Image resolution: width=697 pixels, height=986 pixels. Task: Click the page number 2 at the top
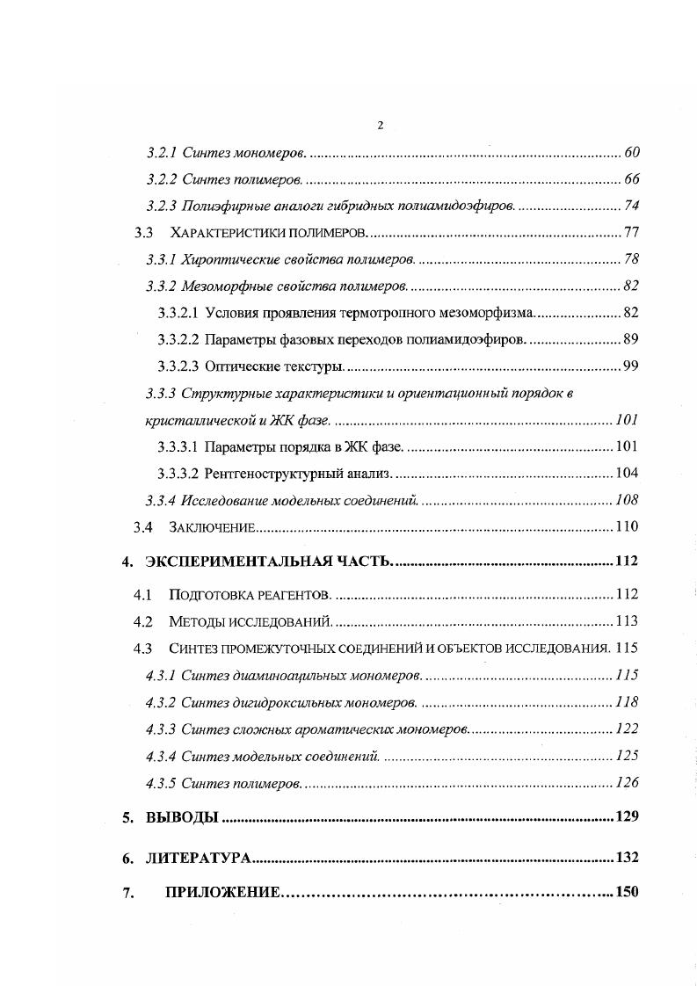pyautogui.click(x=380, y=125)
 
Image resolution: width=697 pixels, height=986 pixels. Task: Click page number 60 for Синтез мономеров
pyautogui.click(x=631, y=153)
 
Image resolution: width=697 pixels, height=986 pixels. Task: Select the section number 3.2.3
pyautogui.click(x=162, y=206)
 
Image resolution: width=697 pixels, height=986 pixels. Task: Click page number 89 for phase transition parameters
pyautogui.click(x=630, y=338)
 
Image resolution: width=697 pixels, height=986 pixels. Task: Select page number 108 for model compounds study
pyautogui.click(x=626, y=500)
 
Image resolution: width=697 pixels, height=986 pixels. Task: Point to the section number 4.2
pyautogui.click(x=143, y=621)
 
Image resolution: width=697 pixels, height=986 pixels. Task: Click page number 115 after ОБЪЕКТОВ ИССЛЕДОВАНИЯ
pyautogui.click(x=627, y=649)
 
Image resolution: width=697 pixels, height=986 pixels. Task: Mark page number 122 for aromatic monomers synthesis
pyautogui.click(x=626, y=729)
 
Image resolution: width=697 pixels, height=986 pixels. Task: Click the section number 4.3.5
pyautogui.click(x=161, y=782)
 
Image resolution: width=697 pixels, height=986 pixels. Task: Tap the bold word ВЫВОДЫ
pyautogui.click(x=181, y=817)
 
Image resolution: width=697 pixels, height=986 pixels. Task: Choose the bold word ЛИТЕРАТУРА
pyautogui.click(x=198, y=858)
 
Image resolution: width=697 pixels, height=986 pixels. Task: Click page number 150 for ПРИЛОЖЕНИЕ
pyautogui.click(x=626, y=893)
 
